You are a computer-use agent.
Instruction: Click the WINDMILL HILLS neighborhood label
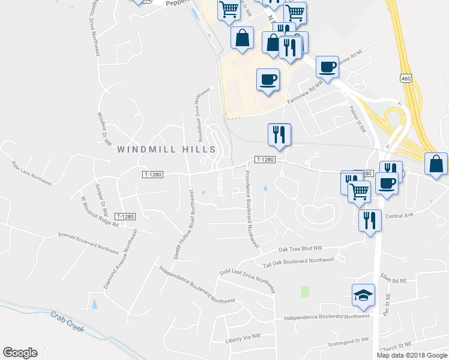pos(166,149)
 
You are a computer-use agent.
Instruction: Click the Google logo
pos(20,353)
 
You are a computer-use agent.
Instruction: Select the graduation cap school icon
pos(363,295)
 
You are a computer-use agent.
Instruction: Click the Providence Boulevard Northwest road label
pos(251,209)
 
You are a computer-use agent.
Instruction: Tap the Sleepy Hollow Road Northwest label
pos(184,225)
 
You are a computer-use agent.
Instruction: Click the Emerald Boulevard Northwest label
pos(88,241)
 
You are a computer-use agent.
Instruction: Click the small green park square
pos(304,292)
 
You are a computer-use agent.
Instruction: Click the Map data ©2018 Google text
pos(412,355)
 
